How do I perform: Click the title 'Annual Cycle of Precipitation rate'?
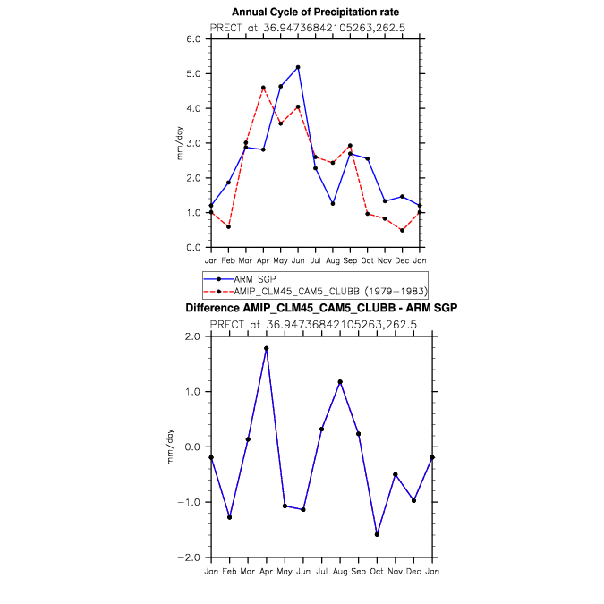click(315, 12)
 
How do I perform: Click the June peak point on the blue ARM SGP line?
click(298, 67)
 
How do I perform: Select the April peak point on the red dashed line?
click(263, 88)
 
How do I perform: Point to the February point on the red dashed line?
click(229, 226)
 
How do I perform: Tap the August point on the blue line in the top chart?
click(332, 204)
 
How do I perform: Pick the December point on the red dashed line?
click(402, 230)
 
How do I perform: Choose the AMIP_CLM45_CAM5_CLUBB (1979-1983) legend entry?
click(317, 292)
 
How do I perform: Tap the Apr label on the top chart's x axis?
click(263, 260)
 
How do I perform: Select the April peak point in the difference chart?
click(267, 348)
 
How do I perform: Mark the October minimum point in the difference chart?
click(378, 534)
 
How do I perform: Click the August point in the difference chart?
click(341, 382)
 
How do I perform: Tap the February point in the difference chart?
click(230, 517)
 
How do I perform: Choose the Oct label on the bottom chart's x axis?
click(377, 570)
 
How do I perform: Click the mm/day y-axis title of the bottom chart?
click(170, 447)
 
